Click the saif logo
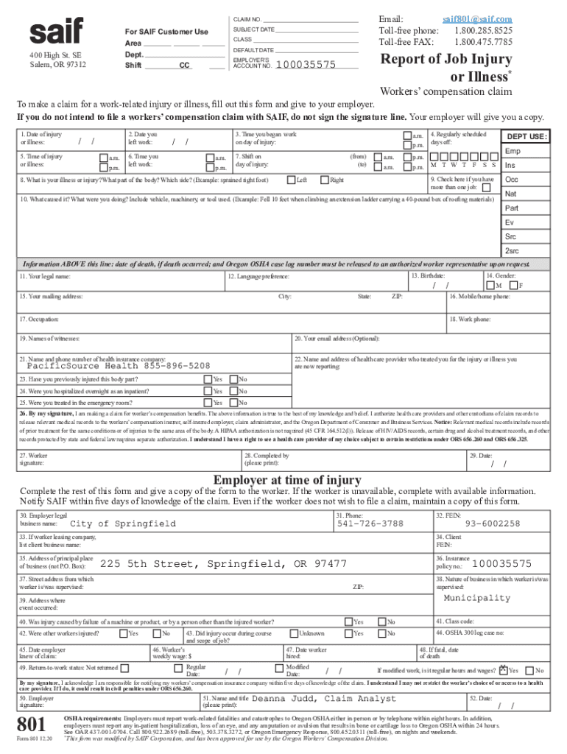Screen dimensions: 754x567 pos(56,31)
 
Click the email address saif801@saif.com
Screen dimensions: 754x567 pos(477,19)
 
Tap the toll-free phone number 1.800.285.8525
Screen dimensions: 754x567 pos(483,31)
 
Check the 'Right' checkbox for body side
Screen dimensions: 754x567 pos(324,180)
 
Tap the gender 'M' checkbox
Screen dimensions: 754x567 pos(490,285)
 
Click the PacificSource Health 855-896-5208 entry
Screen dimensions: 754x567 pos(119,366)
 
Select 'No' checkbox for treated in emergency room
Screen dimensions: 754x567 pos(233,403)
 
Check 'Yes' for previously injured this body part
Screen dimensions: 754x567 pos(208,379)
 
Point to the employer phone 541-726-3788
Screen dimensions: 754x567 pos(370,524)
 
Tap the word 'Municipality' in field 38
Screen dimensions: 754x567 pos(476,598)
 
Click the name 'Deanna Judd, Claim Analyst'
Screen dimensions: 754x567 pos(324,698)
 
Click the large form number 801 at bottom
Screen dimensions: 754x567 pos(35,722)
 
